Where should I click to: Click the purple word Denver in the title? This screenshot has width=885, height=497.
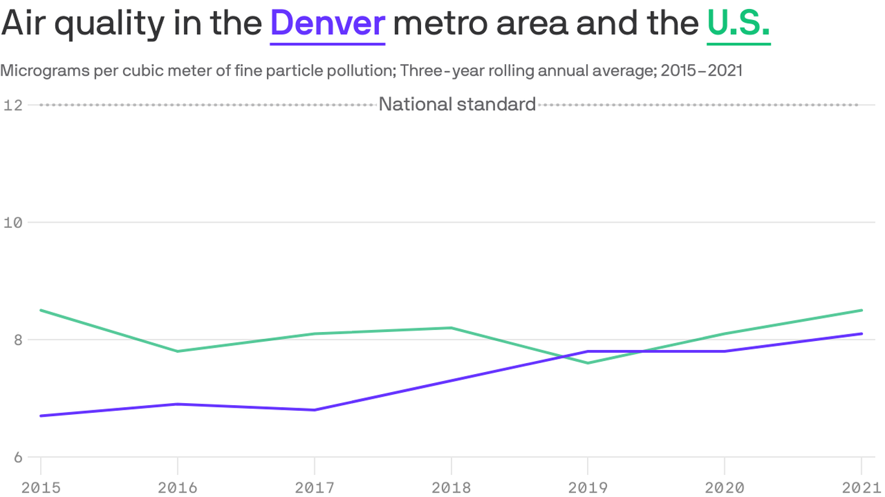[x=328, y=23]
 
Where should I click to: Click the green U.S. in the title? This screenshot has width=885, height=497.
[x=739, y=23]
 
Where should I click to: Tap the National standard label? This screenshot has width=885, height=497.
[x=457, y=104]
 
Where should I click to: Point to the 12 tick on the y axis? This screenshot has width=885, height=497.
[x=13, y=105]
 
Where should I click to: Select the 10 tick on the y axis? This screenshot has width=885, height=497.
[x=13, y=222]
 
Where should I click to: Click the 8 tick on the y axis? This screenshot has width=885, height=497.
[x=17, y=340]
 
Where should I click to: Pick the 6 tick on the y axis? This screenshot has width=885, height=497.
[x=17, y=458]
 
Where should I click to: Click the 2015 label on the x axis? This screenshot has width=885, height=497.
[x=41, y=487]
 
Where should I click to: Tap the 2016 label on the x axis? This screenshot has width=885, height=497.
[x=178, y=487]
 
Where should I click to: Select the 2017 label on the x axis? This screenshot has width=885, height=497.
[x=314, y=487]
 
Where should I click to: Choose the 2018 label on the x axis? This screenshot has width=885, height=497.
[x=451, y=487]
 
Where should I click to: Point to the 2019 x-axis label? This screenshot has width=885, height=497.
[x=588, y=487]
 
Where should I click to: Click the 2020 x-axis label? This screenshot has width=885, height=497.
[x=724, y=487]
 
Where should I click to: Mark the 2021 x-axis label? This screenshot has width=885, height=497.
[x=860, y=487]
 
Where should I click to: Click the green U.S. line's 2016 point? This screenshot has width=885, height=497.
[x=178, y=351]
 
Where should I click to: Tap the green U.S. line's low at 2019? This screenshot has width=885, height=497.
[x=588, y=363]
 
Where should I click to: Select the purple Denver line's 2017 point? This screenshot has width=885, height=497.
[x=314, y=410]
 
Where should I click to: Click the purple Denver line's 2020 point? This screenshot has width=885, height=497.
[x=724, y=351]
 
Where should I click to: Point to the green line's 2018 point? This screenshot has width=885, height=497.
[x=451, y=328]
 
